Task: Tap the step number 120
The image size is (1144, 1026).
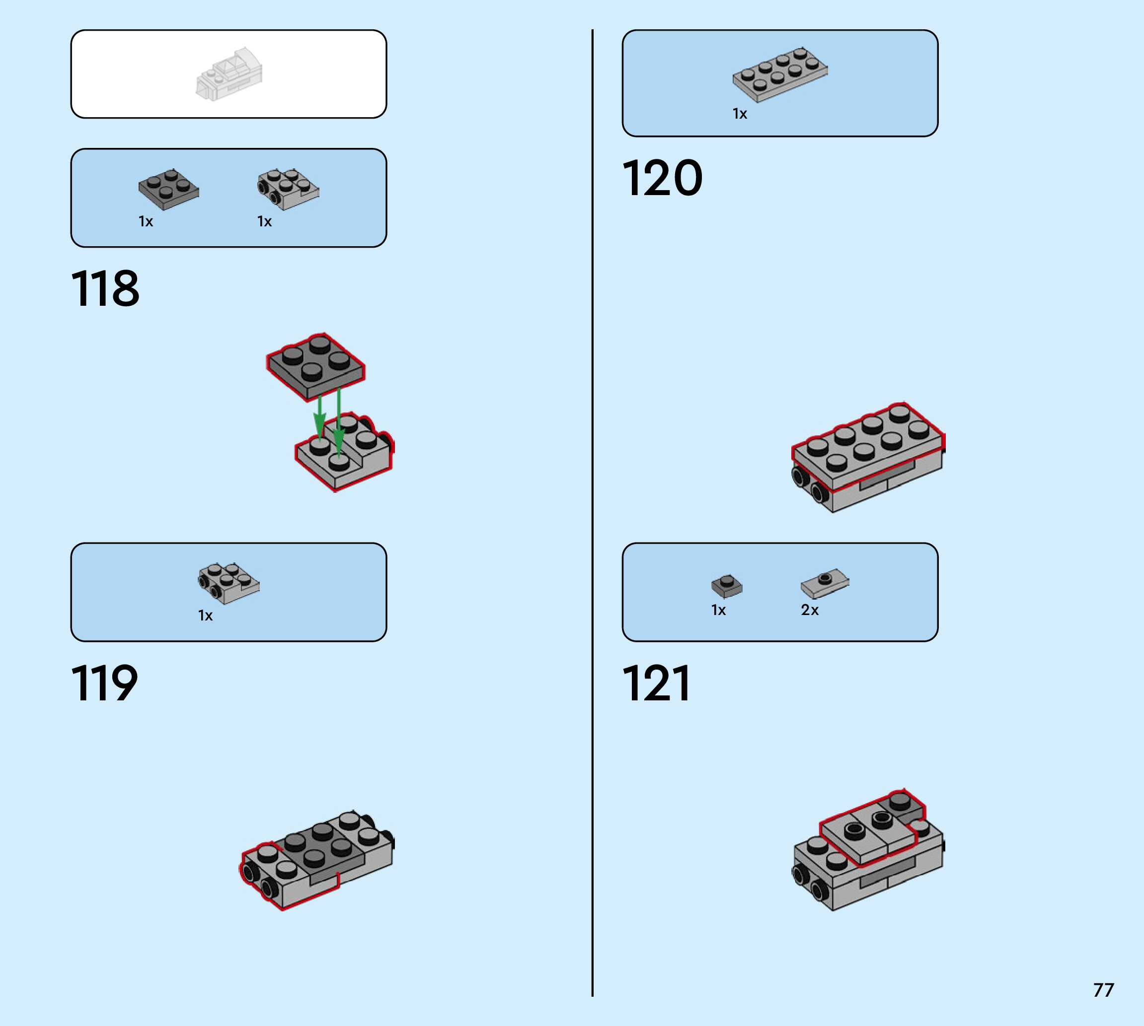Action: click(662, 178)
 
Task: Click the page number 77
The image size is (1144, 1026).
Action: click(1103, 989)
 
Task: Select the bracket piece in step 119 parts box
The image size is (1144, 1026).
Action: click(229, 583)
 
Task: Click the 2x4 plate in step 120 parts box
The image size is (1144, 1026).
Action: click(780, 74)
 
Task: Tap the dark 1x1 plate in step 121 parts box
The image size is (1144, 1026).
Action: click(727, 586)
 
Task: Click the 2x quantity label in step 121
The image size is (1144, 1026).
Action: click(810, 610)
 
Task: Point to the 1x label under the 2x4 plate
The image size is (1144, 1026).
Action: click(740, 114)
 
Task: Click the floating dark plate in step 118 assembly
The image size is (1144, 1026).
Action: click(315, 366)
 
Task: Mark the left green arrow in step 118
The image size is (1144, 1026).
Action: click(319, 417)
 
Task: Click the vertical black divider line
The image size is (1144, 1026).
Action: click(592, 507)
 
